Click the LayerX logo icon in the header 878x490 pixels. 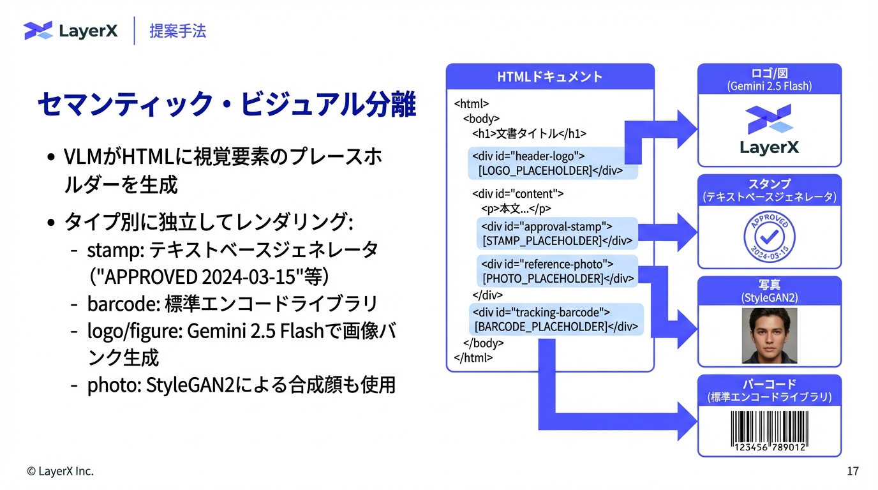(38, 30)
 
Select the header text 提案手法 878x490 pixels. (177, 31)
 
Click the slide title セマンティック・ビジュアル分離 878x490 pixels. (227, 104)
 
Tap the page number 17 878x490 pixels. (852, 471)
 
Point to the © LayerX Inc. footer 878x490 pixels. (60, 471)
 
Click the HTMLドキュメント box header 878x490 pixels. (549, 77)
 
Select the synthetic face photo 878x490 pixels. (769, 336)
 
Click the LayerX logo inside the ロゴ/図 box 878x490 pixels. (769, 130)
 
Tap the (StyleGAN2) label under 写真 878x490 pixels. (770, 298)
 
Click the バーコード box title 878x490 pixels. (770, 384)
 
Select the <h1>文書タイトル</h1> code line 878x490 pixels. (529, 133)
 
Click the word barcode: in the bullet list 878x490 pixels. (123, 303)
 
